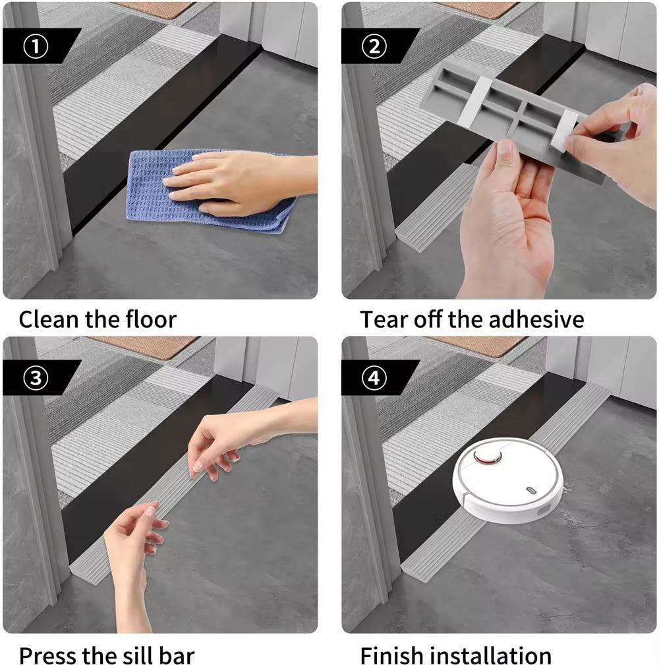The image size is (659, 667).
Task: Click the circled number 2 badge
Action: (x=374, y=46)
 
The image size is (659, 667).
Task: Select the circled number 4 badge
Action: (x=374, y=377)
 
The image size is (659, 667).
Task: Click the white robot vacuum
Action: (x=507, y=480)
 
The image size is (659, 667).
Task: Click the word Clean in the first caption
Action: (x=50, y=320)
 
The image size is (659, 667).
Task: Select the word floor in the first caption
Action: (x=148, y=320)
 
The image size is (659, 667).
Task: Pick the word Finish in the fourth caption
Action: (x=392, y=656)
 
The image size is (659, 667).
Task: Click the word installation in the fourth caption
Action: (x=491, y=656)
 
